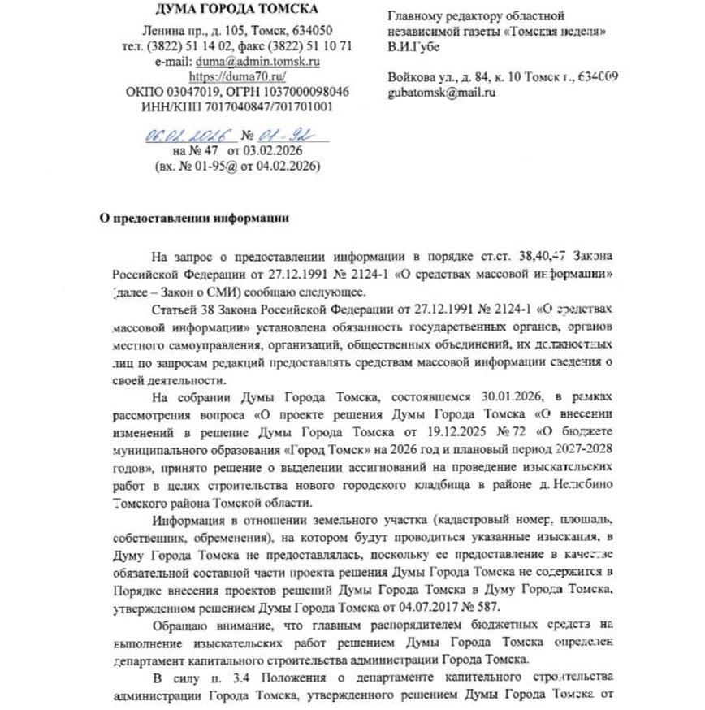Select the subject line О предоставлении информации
pyautogui.click(x=193, y=219)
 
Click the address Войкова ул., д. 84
pyautogui.click(x=446, y=76)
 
